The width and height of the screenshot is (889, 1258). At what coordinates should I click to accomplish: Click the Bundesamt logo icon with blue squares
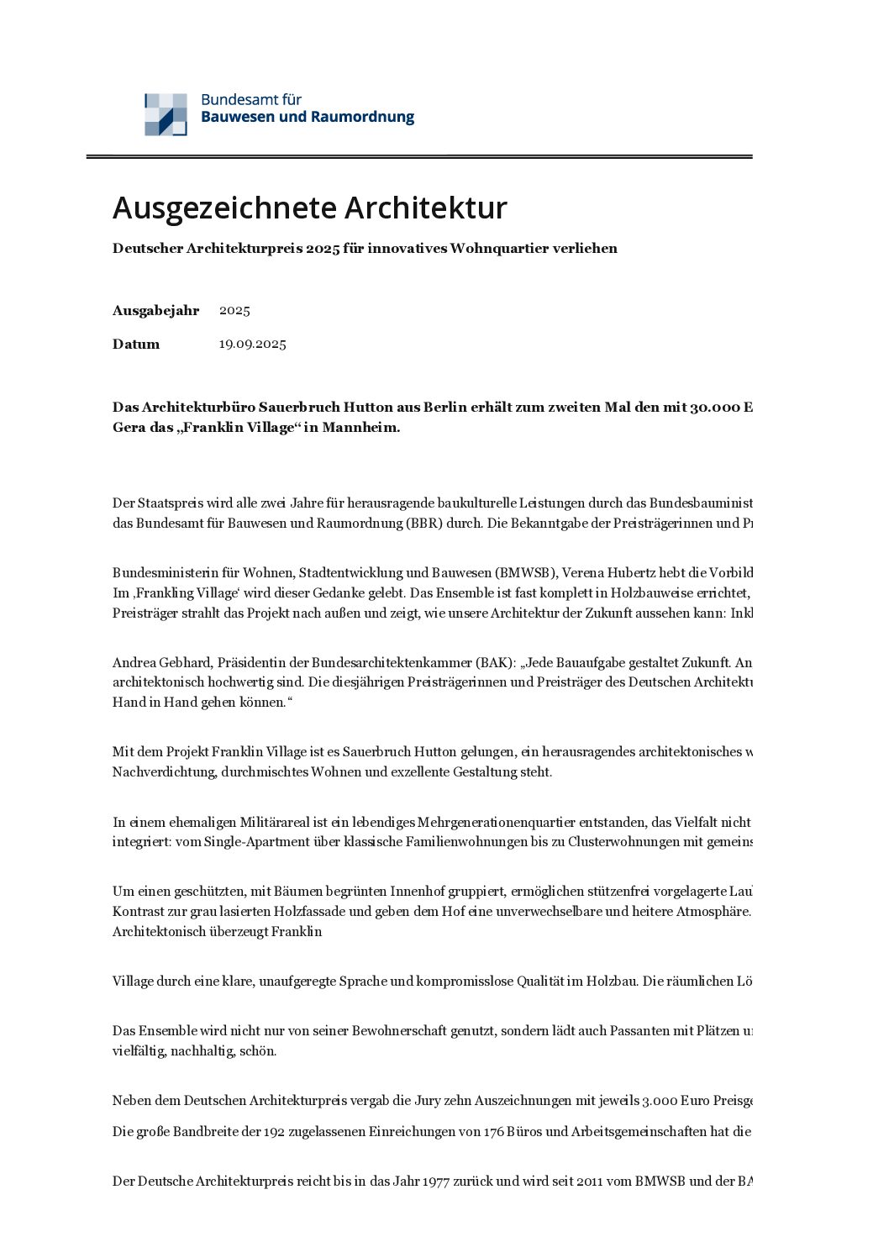coord(166,114)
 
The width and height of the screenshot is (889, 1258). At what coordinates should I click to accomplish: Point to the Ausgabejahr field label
coord(155,310)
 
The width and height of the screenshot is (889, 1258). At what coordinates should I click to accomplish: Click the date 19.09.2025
coord(252,344)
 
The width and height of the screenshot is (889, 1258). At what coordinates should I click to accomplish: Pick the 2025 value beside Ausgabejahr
coord(234,310)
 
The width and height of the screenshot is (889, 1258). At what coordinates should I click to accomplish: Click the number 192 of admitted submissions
coord(274,1131)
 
